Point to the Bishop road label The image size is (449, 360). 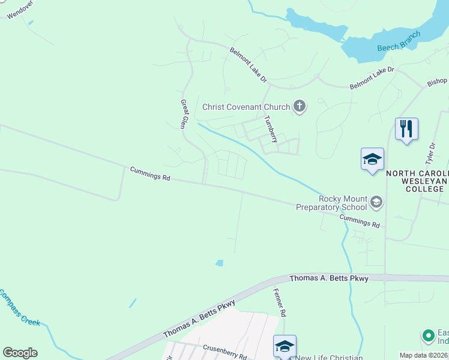[437, 81]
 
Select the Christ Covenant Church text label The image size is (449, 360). [246, 107]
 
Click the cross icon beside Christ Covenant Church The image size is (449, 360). [299, 107]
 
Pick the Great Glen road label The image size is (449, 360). [184, 114]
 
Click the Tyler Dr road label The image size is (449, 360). [430, 153]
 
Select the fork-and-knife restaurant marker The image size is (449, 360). [406, 128]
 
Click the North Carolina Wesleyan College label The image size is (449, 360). [417, 181]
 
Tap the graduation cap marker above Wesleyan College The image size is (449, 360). [372, 159]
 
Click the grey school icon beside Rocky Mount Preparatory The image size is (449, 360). [376, 202]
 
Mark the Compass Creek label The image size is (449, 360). [19, 308]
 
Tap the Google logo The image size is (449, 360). [20, 353]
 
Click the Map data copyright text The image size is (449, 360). [423, 355]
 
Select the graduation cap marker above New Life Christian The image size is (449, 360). [285, 346]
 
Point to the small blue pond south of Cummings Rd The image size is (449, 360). [220, 263]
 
